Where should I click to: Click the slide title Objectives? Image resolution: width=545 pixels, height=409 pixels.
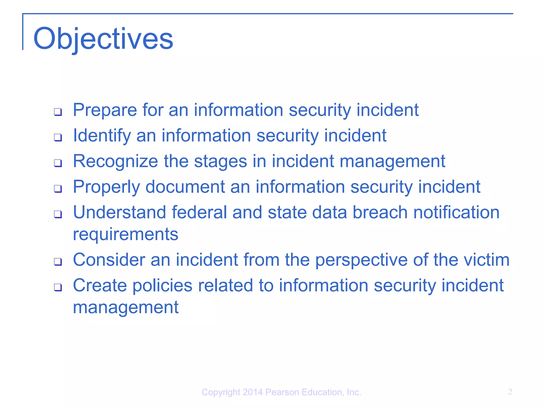pos(103,39)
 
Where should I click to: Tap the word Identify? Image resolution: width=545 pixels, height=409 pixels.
pos(102,136)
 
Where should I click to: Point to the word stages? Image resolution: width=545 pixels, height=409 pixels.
pos(220,161)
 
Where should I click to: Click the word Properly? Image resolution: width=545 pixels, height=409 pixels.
pos(106,187)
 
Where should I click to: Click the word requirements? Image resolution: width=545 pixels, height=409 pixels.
pos(126,234)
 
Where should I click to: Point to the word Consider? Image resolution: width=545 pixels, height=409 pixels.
pos(109,260)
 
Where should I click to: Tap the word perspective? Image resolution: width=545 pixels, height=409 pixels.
pos(361,260)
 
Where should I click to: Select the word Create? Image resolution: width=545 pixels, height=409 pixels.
pos(100,285)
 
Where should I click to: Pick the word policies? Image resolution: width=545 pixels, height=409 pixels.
pos(162,285)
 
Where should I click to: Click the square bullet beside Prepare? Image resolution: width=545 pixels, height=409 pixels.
pos(58,112)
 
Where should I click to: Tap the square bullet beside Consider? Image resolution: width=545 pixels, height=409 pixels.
pos(58,261)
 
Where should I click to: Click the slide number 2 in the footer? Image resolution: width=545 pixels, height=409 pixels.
pos(510,392)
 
